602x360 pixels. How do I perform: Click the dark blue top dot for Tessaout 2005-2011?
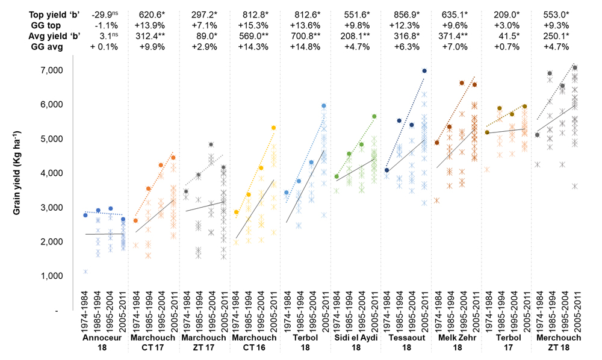click(x=424, y=70)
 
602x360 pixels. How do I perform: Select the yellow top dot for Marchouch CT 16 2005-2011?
click(x=274, y=128)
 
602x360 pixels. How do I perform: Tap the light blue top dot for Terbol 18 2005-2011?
click(x=324, y=106)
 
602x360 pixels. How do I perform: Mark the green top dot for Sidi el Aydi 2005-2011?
click(x=374, y=116)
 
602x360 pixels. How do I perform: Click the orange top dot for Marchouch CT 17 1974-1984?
click(x=135, y=221)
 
